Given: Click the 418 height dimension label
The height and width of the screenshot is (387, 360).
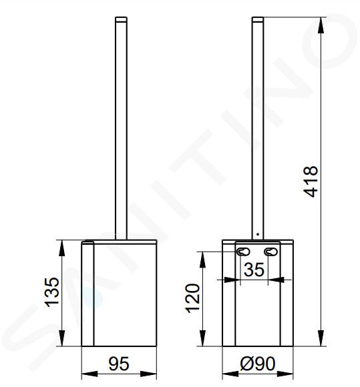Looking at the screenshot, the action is tap(311, 181).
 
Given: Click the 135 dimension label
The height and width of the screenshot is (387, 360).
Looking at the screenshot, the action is tap(52, 292).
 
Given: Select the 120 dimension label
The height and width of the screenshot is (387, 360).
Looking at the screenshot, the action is tap(193, 299).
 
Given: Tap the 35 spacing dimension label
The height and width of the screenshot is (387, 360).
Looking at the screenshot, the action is tap(254, 270).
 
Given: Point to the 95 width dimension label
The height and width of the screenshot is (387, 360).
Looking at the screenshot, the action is tap(119, 364).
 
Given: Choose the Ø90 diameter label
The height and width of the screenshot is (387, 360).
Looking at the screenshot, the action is tap(258, 364).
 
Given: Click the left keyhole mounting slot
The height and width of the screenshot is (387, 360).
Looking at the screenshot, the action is tap(243, 252).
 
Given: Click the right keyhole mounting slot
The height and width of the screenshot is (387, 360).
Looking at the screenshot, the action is tap(271, 252).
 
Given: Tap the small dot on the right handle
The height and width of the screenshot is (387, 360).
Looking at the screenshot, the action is tap(257, 234).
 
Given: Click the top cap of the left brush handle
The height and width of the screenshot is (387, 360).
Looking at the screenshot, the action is tap(121, 19).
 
